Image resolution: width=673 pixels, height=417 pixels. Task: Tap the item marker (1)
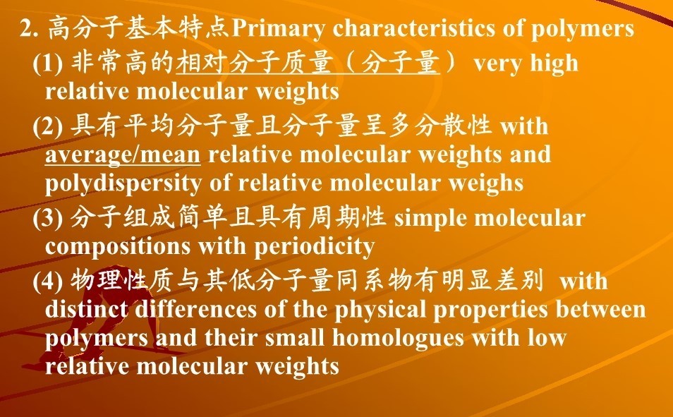(x=48, y=64)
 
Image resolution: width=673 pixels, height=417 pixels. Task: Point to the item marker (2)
(x=48, y=126)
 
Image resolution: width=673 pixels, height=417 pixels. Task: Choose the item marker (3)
(x=48, y=218)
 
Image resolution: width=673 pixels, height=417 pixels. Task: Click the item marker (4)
(x=48, y=282)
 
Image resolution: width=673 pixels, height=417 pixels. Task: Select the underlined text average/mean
(x=123, y=155)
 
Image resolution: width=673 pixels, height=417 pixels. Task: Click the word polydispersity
(x=123, y=183)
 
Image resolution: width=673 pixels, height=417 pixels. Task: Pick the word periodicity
(x=315, y=246)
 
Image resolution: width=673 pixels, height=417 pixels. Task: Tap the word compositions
(x=118, y=247)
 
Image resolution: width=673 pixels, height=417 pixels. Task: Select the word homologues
(x=398, y=338)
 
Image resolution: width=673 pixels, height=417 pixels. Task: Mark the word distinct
(x=86, y=309)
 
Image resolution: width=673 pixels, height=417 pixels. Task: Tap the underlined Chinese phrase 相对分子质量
(x=254, y=63)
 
